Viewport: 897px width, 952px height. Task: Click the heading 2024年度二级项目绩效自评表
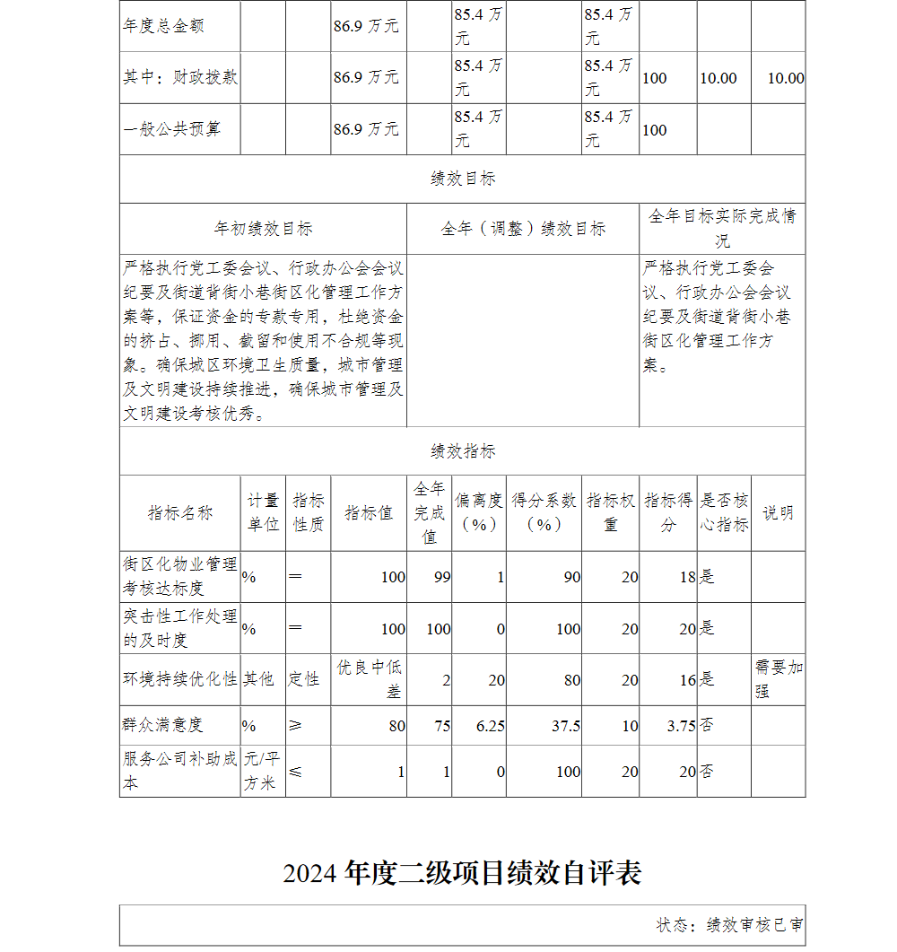click(462, 873)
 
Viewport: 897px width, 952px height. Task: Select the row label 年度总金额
click(164, 26)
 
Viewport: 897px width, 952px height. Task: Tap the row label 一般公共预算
click(171, 129)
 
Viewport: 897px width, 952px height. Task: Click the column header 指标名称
click(180, 513)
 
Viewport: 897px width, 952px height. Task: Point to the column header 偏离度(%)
click(478, 513)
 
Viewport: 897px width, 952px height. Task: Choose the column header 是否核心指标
click(724, 513)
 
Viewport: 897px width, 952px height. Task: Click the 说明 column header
click(778, 513)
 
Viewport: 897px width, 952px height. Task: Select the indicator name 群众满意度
click(163, 725)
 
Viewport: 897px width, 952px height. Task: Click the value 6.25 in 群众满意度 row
click(490, 726)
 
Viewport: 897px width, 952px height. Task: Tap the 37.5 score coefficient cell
click(565, 726)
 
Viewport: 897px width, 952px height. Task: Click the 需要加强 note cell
click(779, 679)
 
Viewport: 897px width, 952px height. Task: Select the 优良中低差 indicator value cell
click(369, 679)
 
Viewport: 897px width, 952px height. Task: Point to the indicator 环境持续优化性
click(180, 679)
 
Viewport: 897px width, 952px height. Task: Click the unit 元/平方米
click(262, 771)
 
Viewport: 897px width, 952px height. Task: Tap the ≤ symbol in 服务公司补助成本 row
click(295, 771)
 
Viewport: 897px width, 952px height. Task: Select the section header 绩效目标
click(462, 179)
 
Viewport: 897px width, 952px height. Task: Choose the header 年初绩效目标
click(263, 229)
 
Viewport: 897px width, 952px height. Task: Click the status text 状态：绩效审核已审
click(729, 925)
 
